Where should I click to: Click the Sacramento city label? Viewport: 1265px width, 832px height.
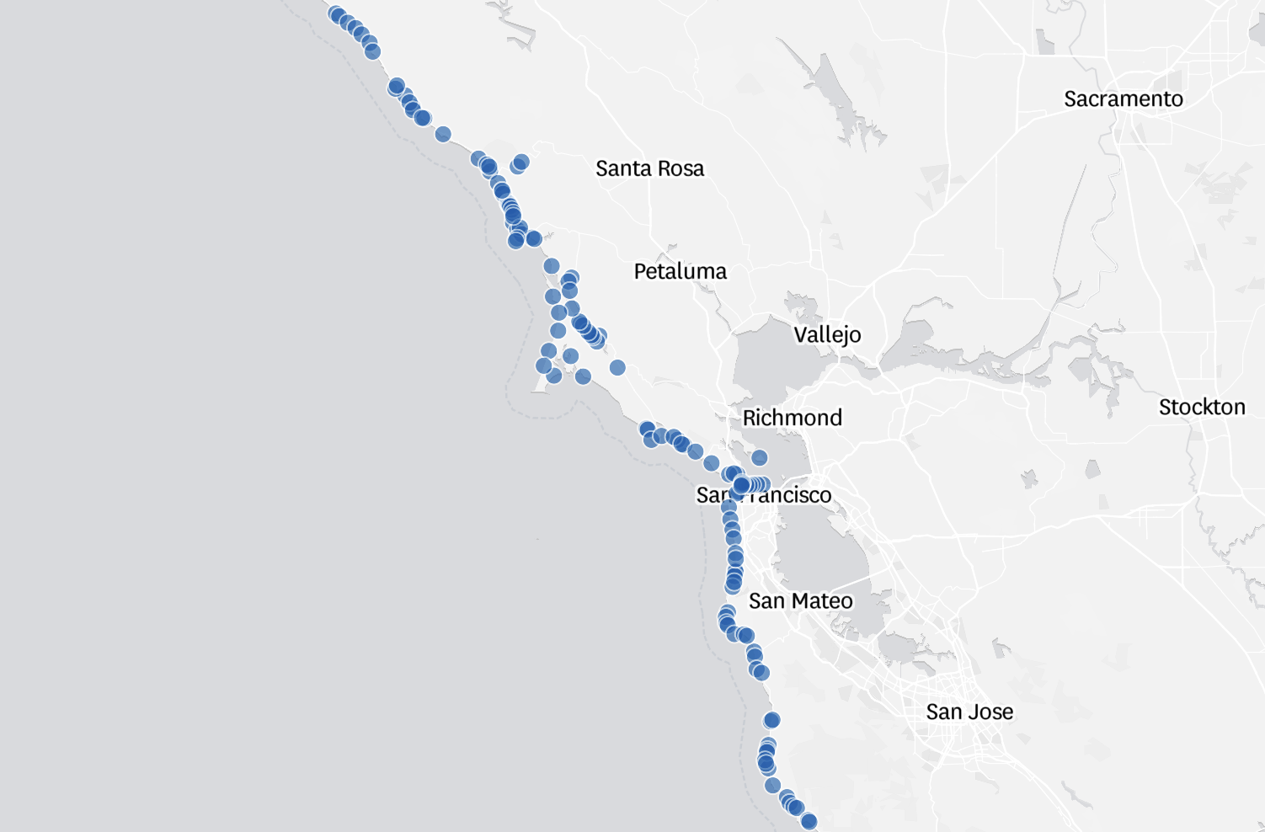[x=1123, y=99]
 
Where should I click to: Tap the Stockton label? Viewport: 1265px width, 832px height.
[x=1201, y=408]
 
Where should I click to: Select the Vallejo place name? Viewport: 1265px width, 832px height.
[x=827, y=335]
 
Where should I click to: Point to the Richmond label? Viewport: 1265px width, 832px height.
[x=792, y=419]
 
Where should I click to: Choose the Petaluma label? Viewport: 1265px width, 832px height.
[x=680, y=272]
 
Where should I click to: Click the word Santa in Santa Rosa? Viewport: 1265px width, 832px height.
[x=623, y=169]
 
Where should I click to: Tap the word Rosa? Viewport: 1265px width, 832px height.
[x=681, y=169]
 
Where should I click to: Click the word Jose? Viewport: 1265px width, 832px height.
[x=990, y=712]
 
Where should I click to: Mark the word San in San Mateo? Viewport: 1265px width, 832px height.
[x=766, y=601]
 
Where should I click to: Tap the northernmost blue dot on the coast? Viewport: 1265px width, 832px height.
[x=336, y=14]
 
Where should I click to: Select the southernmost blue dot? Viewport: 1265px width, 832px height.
[x=809, y=821]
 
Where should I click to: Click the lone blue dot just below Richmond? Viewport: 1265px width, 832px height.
[x=759, y=458]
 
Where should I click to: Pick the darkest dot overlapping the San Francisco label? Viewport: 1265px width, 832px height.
[x=741, y=485]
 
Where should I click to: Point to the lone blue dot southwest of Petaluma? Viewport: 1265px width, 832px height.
[x=617, y=367]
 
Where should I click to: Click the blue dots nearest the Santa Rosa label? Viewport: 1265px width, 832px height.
[x=520, y=163]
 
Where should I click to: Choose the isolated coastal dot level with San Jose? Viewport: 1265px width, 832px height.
[x=771, y=720]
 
